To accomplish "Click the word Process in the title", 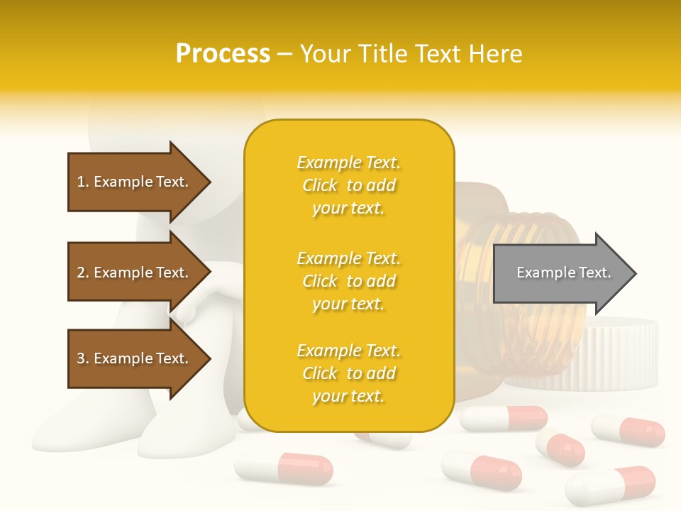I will (x=223, y=54).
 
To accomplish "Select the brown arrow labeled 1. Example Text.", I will (x=135, y=182).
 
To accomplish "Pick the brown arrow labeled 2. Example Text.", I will (x=135, y=273).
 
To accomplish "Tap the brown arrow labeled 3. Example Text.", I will (x=135, y=358).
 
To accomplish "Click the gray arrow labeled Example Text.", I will (x=560, y=273).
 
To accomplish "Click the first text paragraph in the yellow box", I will (x=348, y=185).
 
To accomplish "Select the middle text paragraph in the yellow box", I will (x=348, y=281).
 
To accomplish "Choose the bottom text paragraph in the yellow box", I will (x=348, y=373).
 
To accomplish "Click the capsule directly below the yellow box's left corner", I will (x=284, y=468).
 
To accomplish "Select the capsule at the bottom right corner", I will (x=611, y=486).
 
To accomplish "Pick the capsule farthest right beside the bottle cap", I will (x=629, y=431).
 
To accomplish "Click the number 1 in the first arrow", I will (x=81, y=182).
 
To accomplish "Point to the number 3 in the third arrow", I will (x=81, y=358).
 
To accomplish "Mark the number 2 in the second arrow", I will (x=81, y=273).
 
